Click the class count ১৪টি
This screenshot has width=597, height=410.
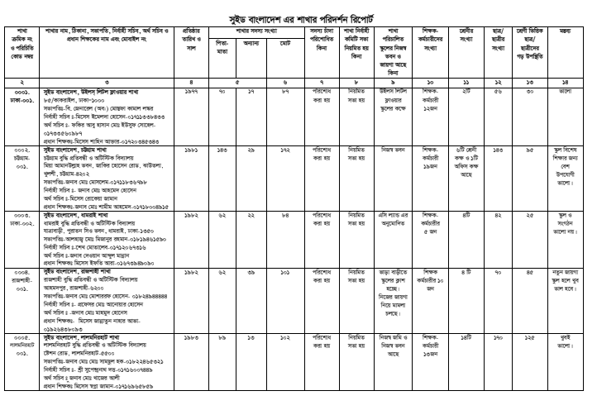click(x=464, y=338)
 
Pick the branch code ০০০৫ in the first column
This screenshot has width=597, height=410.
click(x=18, y=338)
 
